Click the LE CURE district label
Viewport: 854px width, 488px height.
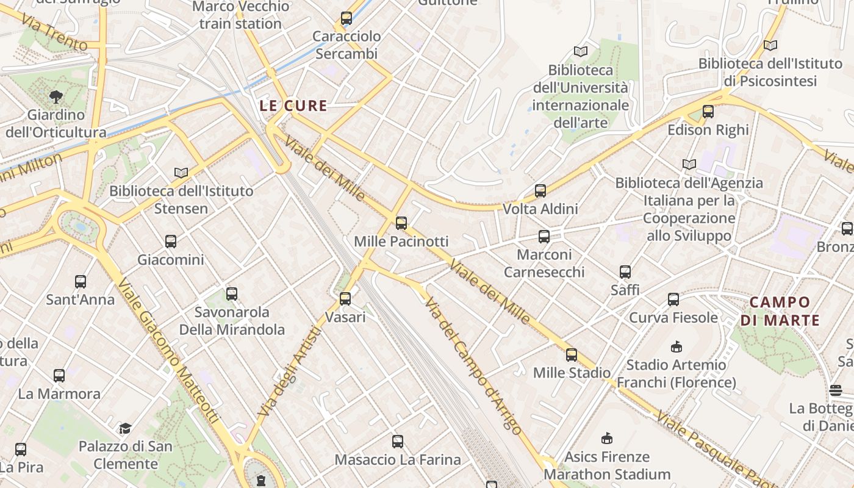(x=293, y=106)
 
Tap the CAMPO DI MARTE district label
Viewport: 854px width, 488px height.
(x=780, y=311)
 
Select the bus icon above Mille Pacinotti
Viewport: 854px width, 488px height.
(x=401, y=223)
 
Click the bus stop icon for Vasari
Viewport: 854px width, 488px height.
(x=345, y=299)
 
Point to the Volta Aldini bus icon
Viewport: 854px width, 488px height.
(x=540, y=191)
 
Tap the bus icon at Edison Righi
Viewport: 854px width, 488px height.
(x=708, y=112)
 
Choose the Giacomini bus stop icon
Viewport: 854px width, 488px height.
(x=171, y=242)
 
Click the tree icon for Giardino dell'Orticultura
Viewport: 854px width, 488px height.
(x=56, y=96)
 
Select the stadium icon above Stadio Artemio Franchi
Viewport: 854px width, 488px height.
(x=676, y=347)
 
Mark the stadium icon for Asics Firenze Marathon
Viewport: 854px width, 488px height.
(x=606, y=439)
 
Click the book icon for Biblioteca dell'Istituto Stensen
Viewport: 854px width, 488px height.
(x=181, y=173)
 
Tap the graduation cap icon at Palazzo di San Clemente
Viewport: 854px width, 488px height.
(x=125, y=428)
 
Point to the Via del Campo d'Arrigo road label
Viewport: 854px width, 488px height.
(x=473, y=367)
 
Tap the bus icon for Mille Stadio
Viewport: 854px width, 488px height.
(x=572, y=354)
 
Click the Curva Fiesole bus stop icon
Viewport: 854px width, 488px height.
(x=673, y=300)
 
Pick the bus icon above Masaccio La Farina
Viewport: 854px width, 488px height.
(x=398, y=441)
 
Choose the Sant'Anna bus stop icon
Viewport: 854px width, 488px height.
(x=81, y=282)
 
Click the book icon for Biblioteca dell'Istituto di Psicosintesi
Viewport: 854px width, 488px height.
(x=770, y=45)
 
